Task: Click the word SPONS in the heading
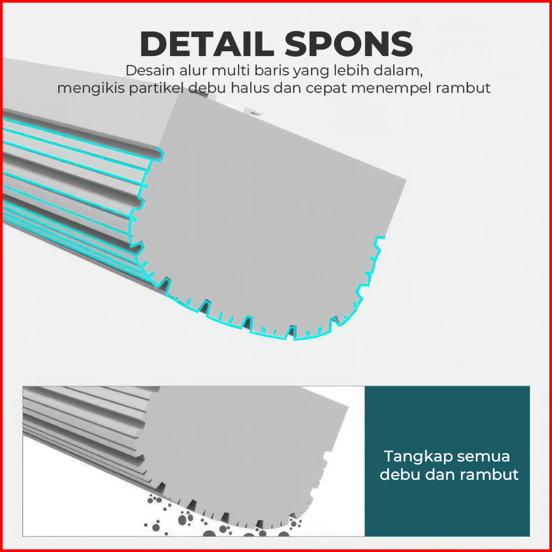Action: [349, 44]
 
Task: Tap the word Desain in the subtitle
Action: [145, 71]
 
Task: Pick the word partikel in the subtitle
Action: [152, 89]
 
